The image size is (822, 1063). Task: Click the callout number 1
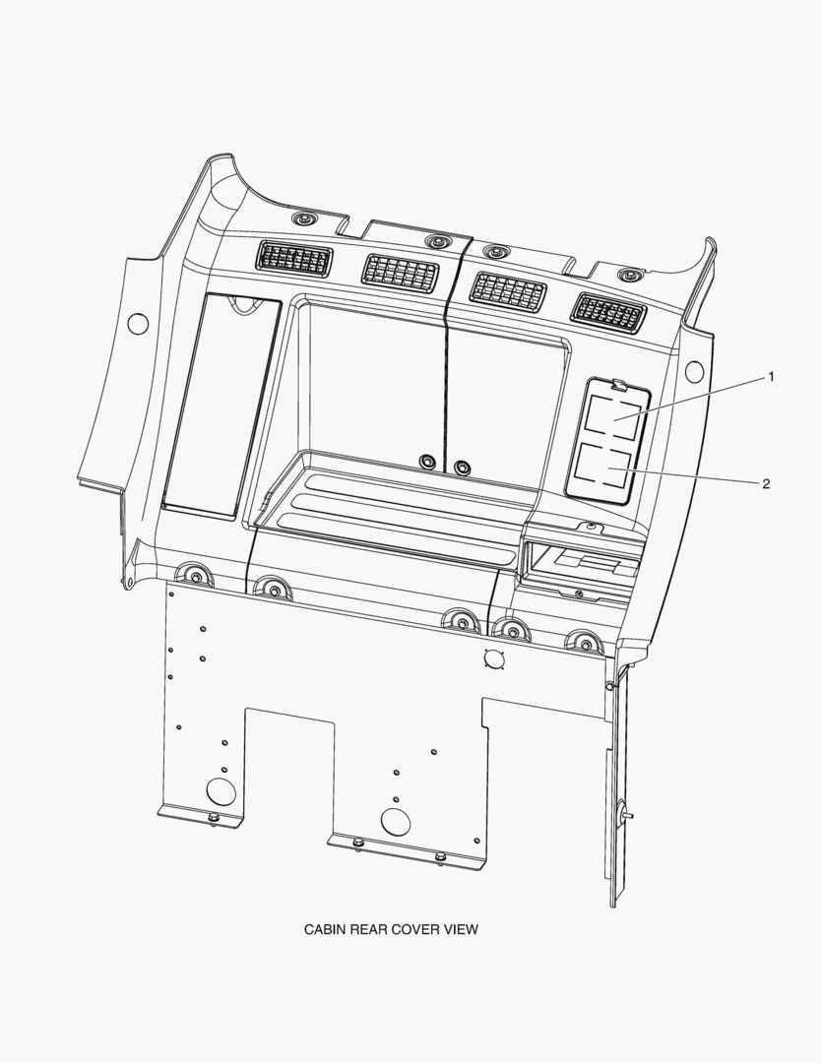[x=771, y=377]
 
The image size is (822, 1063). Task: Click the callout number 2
[x=767, y=483]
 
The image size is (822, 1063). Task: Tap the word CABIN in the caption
[x=325, y=929]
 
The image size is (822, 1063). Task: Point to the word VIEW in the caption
[x=461, y=929]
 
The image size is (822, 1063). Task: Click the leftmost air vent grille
[x=294, y=259]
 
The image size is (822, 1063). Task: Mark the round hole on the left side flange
[x=138, y=324]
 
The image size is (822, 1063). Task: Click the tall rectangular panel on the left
[x=221, y=406]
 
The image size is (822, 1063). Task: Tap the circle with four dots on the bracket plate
[x=494, y=658]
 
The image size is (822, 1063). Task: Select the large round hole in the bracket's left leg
[x=220, y=791]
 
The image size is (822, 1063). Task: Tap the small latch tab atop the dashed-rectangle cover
[x=618, y=385]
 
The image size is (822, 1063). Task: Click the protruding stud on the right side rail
[x=625, y=814]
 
